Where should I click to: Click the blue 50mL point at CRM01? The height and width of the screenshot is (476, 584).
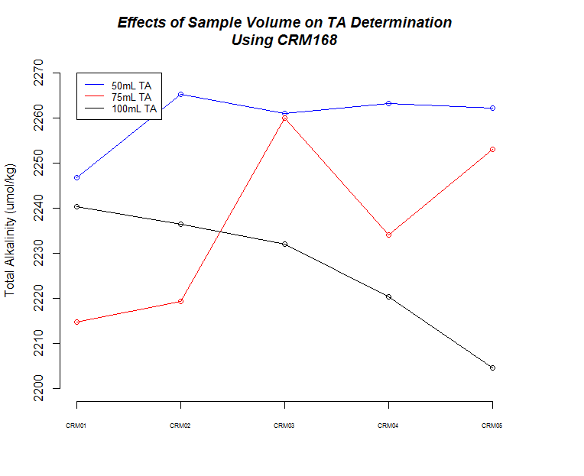pyautogui.click(x=76, y=177)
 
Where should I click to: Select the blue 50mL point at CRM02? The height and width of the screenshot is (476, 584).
pyautogui.click(x=180, y=94)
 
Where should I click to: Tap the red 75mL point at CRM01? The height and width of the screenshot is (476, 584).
pyautogui.click(x=76, y=322)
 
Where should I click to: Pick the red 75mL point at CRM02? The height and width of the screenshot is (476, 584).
pyautogui.click(x=180, y=301)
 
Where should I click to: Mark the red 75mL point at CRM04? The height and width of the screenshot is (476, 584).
pyautogui.click(x=388, y=235)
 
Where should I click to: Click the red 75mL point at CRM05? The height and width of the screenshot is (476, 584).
pyautogui.click(x=492, y=149)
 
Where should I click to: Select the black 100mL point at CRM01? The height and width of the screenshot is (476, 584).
pyautogui.click(x=76, y=206)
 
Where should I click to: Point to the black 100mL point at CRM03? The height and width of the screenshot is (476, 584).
pyautogui.click(x=284, y=244)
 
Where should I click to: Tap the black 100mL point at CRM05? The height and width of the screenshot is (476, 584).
pyautogui.click(x=492, y=368)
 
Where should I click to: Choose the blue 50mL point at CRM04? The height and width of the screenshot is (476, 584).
pyautogui.click(x=388, y=103)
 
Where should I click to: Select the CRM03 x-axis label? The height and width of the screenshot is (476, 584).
pyautogui.click(x=284, y=426)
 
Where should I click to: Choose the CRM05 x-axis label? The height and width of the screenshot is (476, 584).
pyautogui.click(x=492, y=426)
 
